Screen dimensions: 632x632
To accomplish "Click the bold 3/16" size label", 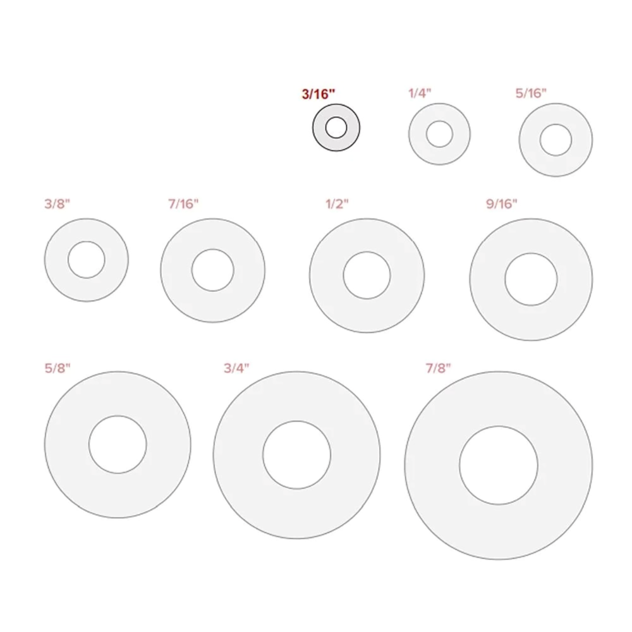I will pyautogui.click(x=319, y=93).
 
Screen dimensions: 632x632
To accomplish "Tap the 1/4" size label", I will pyautogui.click(x=420, y=92).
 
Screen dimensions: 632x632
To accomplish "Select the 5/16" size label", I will pyautogui.click(x=531, y=92).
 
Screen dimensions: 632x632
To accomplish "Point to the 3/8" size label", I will pyautogui.click(x=57, y=204).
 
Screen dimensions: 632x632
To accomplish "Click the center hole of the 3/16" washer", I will pyautogui.click(x=336, y=128).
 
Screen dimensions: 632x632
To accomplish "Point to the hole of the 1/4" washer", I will pyautogui.click(x=439, y=134).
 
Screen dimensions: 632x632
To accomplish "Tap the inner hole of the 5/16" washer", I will pyautogui.click(x=556, y=140).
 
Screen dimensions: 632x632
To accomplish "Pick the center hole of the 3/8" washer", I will pyautogui.click(x=87, y=260).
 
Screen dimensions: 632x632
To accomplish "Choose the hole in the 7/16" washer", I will pyautogui.click(x=213, y=270).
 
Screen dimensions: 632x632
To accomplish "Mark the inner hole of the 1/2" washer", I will pyautogui.click(x=367, y=276).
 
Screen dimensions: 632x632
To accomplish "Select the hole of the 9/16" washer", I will pyautogui.click(x=531, y=279).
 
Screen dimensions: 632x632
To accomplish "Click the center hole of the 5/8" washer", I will pyautogui.click(x=118, y=444).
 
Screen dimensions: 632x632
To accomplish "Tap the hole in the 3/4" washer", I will pyautogui.click(x=296, y=455).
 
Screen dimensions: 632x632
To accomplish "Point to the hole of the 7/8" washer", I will pyautogui.click(x=499, y=466).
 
